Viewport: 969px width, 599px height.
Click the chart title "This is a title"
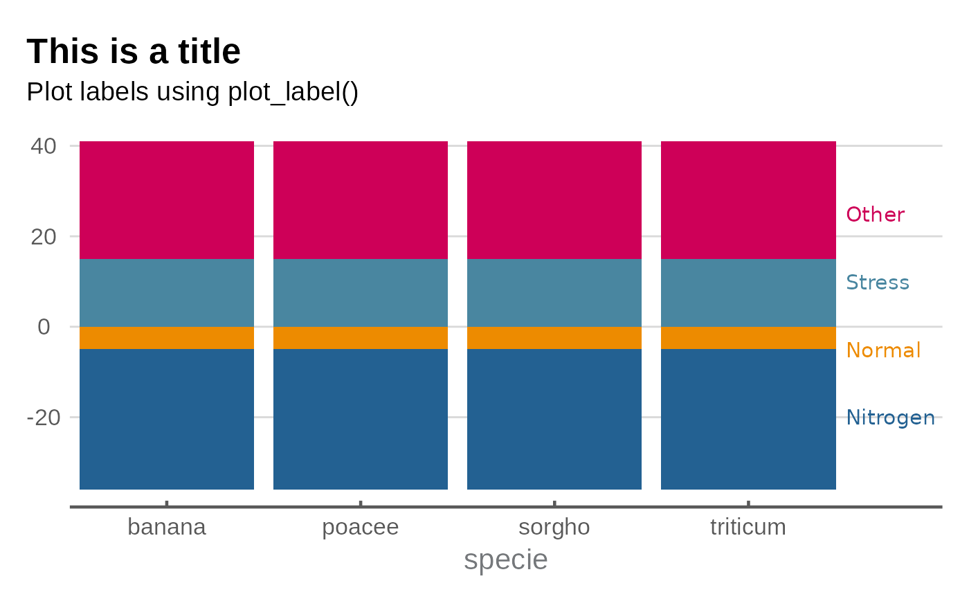click(x=134, y=52)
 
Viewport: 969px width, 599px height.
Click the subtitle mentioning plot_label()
click(x=192, y=92)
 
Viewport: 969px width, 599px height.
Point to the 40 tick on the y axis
click(x=43, y=146)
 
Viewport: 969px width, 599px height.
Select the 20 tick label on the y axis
click(x=43, y=237)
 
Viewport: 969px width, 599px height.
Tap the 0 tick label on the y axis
click(x=44, y=327)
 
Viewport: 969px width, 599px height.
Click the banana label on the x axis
click(x=167, y=528)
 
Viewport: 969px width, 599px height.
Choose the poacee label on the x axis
click(x=361, y=528)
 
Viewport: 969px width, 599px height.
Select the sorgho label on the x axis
click(x=554, y=528)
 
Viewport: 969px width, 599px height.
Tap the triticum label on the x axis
click(x=748, y=528)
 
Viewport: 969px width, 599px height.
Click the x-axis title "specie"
click(x=506, y=560)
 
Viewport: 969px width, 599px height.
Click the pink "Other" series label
click(x=876, y=215)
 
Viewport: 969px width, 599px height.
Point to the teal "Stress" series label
click(x=878, y=283)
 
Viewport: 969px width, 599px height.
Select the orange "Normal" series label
click(x=884, y=350)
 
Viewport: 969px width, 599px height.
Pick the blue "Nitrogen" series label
click(x=891, y=418)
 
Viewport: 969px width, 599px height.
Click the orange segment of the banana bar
click(x=167, y=338)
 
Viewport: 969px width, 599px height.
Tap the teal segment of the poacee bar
click(x=361, y=293)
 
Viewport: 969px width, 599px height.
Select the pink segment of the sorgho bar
click(x=554, y=200)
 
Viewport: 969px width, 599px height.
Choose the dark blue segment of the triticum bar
click(x=748, y=419)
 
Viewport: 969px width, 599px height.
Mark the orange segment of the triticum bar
click(x=748, y=338)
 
